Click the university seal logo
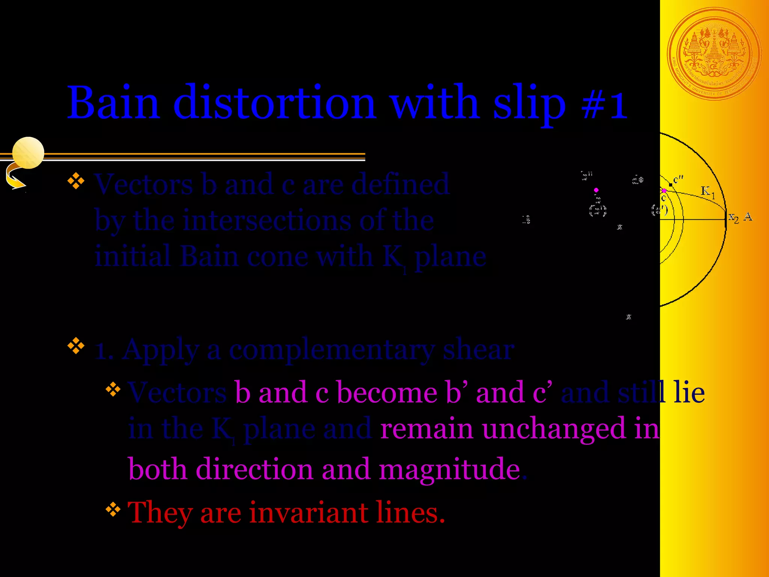pyautogui.click(x=714, y=54)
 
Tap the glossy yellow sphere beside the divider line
pyautogui.click(x=28, y=153)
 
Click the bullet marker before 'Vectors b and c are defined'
pyautogui.click(x=76, y=181)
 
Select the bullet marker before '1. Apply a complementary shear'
pyautogui.click(x=76, y=346)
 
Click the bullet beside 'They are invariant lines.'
pyautogui.click(x=113, y=509)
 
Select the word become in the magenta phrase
pyautogui.click(x=386, y=393)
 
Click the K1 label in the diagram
pyautogui.click(x=708, y=192)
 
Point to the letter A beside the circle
pyautogui.click(x=748, y=217)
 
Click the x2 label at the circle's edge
pyautogui.click(x=733, y=218)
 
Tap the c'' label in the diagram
pyautogui.click(x=678, y=180)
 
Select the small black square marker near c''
pyautogui.click(x=671, y=185)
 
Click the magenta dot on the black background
pyautogui.click(x=596, y=190)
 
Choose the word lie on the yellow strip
pyautogui.click(x=689, y=393)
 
